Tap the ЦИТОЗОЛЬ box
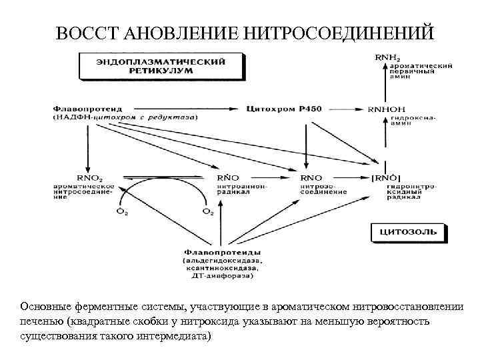[408, 232]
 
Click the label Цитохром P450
[274, 107]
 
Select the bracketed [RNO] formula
[385, 178]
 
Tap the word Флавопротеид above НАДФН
[84, 107]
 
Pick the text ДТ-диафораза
[217, 275]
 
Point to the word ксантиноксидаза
[217, 268]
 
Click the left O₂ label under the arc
[122, 212]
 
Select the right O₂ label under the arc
[208, 212]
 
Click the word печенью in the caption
[43, 322]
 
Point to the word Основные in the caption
[44, 307]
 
